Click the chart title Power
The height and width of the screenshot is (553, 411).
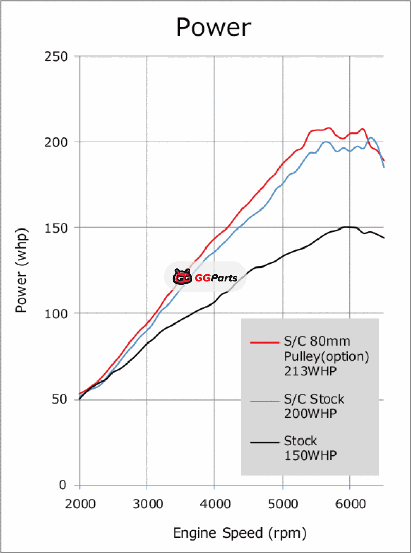pyautogui.click(x=214, y=27)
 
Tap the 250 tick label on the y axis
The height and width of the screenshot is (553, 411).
pyautogui.click(x=58, y=56)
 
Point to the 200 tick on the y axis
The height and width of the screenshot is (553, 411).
pyautogui.click(x=58, y=142)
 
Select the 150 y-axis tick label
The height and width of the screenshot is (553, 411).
pyautogui.click(x=58, y=227)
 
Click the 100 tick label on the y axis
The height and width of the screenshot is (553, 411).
pyautogui.click(x=58, y=313)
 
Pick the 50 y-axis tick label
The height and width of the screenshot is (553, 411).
pyautogui.click(x=61, y=399)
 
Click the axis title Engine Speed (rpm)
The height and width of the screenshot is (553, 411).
pyautogui.click(x=239, y=533)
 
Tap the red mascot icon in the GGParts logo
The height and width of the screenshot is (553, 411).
pyautogui.click(x=181, y=278)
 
